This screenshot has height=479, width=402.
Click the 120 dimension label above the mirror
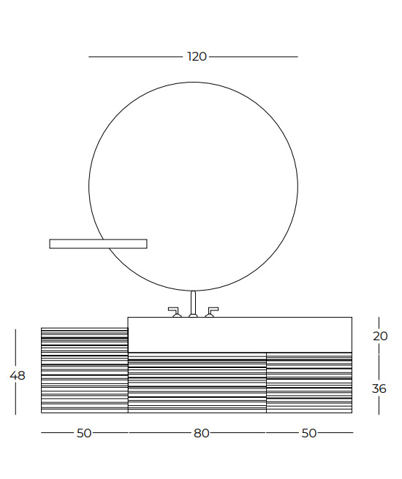[197, 57]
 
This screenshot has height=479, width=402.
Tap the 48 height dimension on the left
[18, 375]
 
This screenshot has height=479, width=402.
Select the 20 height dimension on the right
[380, 337]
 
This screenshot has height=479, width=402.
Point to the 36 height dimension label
[379, 389]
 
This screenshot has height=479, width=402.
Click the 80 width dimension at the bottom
[202, 433]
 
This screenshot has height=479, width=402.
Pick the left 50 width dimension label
[84, 433]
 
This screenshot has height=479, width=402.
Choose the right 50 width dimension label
[309, 433]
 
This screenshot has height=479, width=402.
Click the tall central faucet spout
[193, 304]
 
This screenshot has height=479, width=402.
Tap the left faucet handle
[175, 313]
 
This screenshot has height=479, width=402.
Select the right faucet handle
[211, 313]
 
